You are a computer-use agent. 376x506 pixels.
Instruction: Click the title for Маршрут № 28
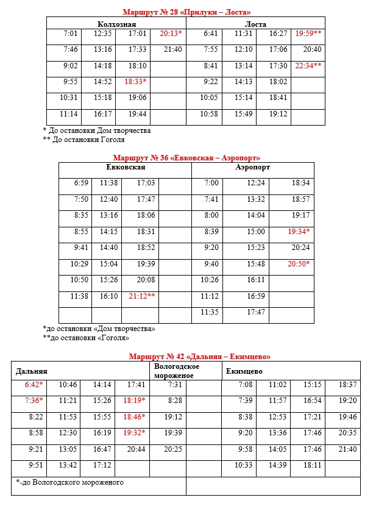pyautogui.click(x=186, y=12)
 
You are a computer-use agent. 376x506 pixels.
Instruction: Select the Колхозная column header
pyautogui.click(x=116, y=24)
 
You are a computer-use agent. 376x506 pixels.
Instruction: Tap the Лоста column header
pyautogui.click(x=255, y=24)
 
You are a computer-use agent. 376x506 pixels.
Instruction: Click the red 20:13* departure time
pyautogui.click(x=171, y=34)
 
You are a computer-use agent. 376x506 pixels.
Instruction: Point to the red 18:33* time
pyautogui.click(x=135, y=81)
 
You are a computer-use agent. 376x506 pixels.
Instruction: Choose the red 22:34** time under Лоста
pyautogui.click(x=308, y=65)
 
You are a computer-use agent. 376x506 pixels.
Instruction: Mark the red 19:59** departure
pyautogui.click(x=308, y=34)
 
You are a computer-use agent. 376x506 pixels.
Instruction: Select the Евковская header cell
pyautogui.click(x=126, y=168)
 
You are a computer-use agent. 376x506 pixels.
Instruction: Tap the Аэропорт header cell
pyautogui.click(x=253, y=168)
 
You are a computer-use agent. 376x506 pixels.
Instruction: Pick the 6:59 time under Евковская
pyautogui.click(x=81, y=183)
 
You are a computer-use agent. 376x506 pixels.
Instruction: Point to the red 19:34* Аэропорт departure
pyautogui.click(x=299, y=232)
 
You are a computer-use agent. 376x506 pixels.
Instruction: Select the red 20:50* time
pyautogui.click(x=299, y=264)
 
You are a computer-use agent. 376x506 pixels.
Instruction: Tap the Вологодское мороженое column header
pyautogui.click(x=177, y=371)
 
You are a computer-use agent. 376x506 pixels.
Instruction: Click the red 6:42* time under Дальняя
pyautogui.click(x=34, y=385)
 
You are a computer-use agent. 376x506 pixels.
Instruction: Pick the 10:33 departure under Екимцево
pyautogui.click(x=244, y=465)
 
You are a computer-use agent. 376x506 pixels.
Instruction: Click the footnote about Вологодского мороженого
pyautogui.click(x=71, y=482)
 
